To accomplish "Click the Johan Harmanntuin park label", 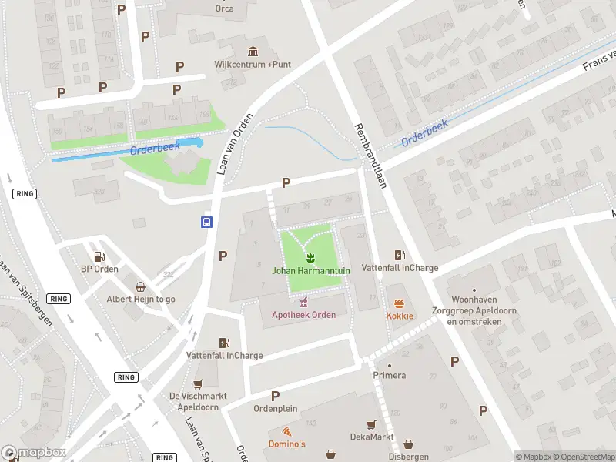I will click(x=310, y=270).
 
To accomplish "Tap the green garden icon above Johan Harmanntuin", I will click(x=310, y=258).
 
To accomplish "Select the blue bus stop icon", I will click(x=206, y=222).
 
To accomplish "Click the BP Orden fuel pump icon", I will click(x=99, y=256).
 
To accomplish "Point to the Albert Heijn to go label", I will click(x=141, y=299).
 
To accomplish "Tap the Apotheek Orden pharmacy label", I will click(x=303, y=315).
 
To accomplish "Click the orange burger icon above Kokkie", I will click(x=400, y=303).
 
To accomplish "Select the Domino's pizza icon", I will click(x=286, y=431).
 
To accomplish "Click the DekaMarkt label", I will click(x=371, y=437).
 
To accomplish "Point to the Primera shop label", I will click(x=389, y=377).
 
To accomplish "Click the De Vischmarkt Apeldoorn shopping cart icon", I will click(x=198, y=383).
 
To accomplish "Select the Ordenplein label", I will click(x=276, y=409).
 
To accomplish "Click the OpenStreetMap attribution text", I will click(x=581, y=457).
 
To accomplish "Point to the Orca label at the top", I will click(x=224, y=9).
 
